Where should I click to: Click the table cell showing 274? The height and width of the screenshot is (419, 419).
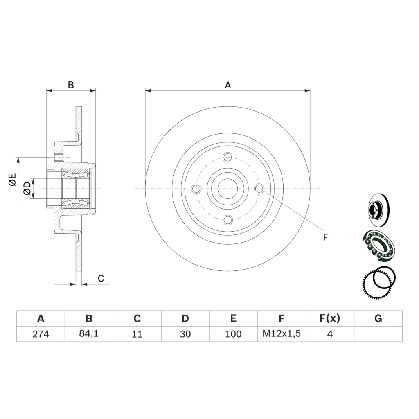[x=41, y=334]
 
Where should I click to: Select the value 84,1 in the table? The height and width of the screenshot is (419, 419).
[x=89, y=333]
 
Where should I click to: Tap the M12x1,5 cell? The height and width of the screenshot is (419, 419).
[x=282, y=333]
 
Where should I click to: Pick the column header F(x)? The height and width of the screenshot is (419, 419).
[x=330, y=318]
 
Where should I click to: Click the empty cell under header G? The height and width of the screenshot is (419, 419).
[x=378, y=334]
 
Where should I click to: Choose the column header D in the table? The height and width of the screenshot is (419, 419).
[x=185, y=318]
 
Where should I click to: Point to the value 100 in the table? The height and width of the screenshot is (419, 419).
[x=233, y=334]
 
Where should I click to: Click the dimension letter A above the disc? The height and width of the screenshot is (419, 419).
[x=228, y=85]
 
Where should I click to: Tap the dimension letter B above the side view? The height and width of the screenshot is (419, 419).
[x=71, y=85]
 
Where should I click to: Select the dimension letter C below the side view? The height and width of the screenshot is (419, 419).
[x=101, y=278]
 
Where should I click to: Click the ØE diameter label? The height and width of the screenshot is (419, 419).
[x=13, y=180]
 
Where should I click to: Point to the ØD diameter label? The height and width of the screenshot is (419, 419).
[x=27, y=188]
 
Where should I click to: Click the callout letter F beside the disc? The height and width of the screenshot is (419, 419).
[x=325, y=237]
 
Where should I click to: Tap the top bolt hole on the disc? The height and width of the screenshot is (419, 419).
[x=228, y=157]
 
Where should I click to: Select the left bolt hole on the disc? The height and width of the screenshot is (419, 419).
[x=196, y=189]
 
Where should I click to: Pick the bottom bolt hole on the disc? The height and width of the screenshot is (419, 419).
[x=228, y=220]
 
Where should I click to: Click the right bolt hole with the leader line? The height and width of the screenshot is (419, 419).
[x=259, y=189]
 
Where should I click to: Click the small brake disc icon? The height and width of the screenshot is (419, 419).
[x=378, y=210]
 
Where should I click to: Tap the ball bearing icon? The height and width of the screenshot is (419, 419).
[x=378, y=246]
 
